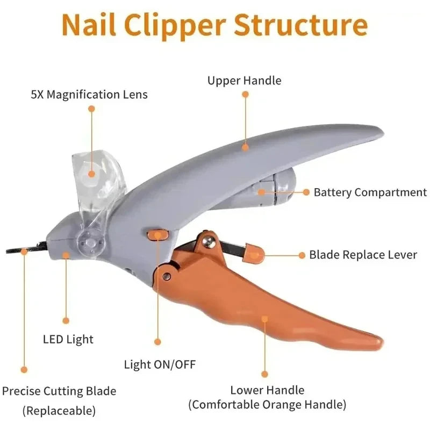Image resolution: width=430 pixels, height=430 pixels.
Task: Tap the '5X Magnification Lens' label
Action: (x=89, y=95)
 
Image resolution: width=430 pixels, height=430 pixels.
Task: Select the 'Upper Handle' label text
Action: (x=245, y=81)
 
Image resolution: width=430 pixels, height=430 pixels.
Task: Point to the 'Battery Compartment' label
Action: (x=370, y=192)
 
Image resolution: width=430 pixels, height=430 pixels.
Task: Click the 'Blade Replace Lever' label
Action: (x=363, y=254)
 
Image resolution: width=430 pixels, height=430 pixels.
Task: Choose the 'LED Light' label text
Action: (x=68, y=339)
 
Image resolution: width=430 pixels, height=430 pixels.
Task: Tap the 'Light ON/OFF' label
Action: (x=160, y=364)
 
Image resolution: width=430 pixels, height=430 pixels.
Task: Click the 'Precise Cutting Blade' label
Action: (x=59, y=391)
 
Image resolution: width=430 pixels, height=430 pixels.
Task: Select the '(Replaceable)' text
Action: (x=59, y=411)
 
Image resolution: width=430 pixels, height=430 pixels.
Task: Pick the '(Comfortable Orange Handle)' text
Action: (x=267, y=404)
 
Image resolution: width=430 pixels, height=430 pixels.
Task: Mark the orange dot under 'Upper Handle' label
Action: (x=245, y=94)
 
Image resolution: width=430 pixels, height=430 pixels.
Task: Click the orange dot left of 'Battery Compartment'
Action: (x=306, y=192)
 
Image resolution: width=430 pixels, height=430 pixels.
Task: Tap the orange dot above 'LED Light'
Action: (x=66, y=320)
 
